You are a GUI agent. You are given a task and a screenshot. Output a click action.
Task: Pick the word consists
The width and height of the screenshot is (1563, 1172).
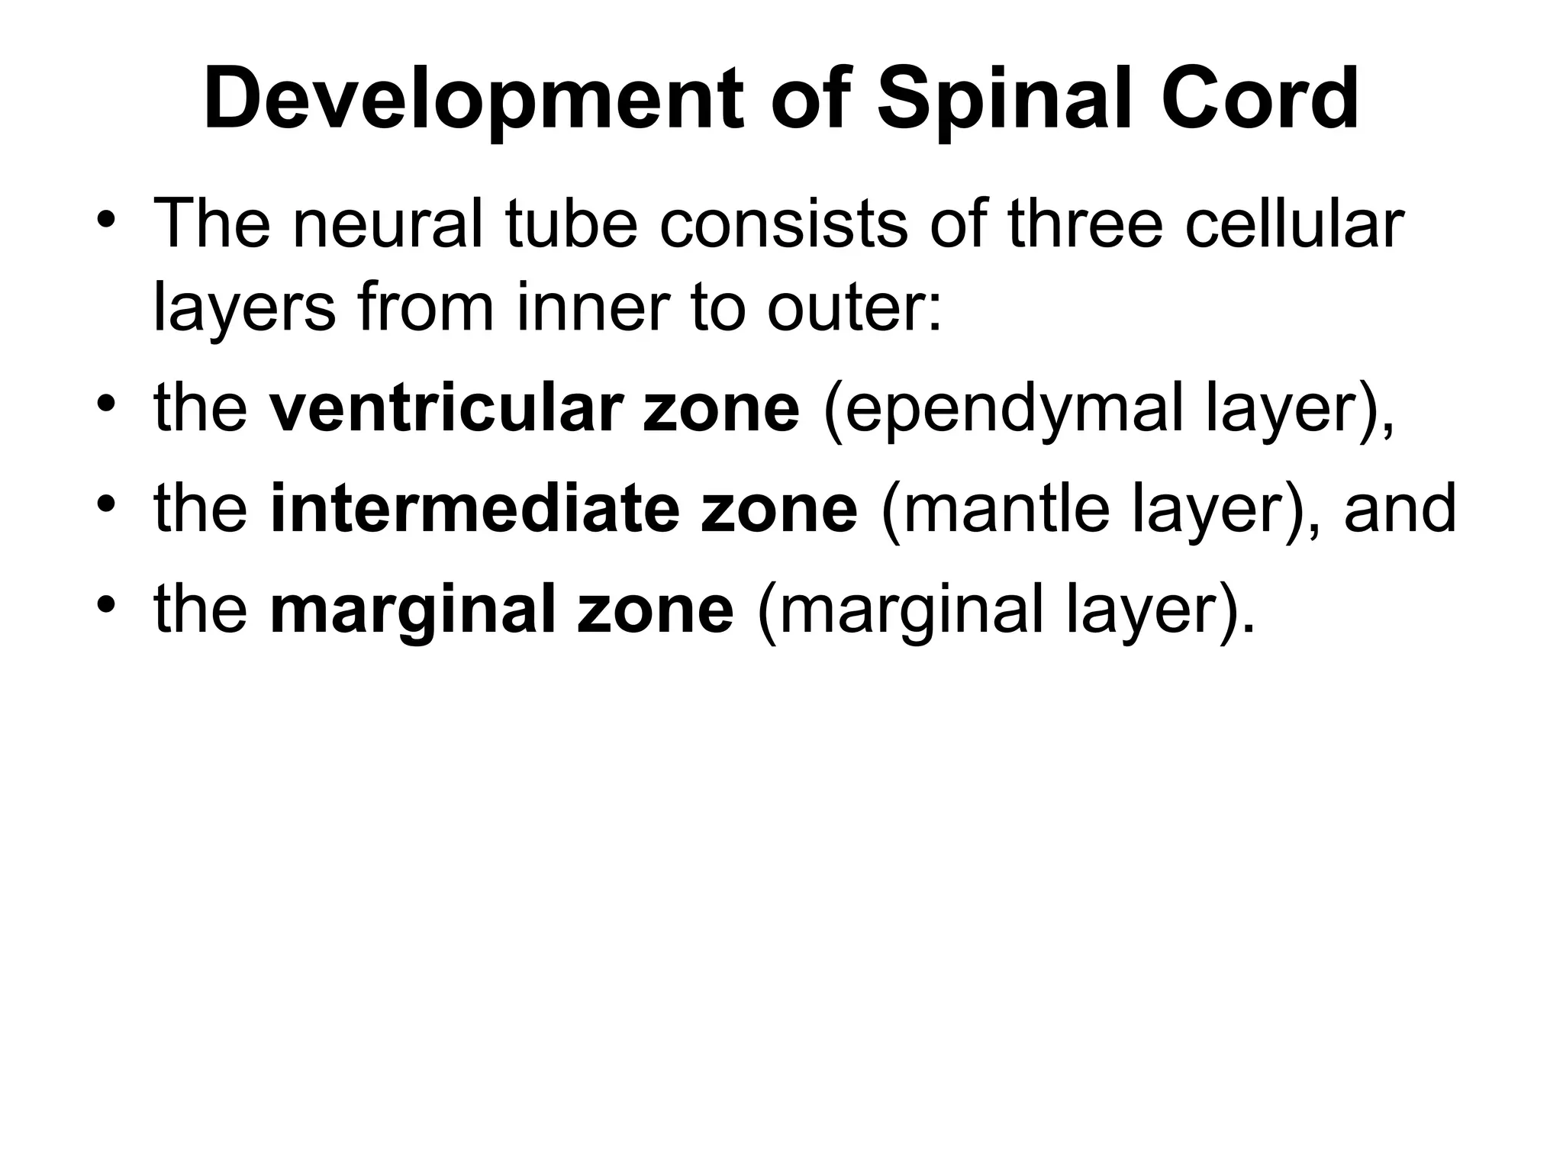tap(783, 224)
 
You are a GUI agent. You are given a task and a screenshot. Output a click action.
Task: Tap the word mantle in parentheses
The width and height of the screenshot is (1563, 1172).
tap(1001, 509)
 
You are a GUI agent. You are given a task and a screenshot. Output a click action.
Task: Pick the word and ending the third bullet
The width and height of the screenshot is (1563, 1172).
tap(1400, 509)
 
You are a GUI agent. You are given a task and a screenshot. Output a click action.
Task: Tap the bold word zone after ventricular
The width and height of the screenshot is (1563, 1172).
tap(722, 408)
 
